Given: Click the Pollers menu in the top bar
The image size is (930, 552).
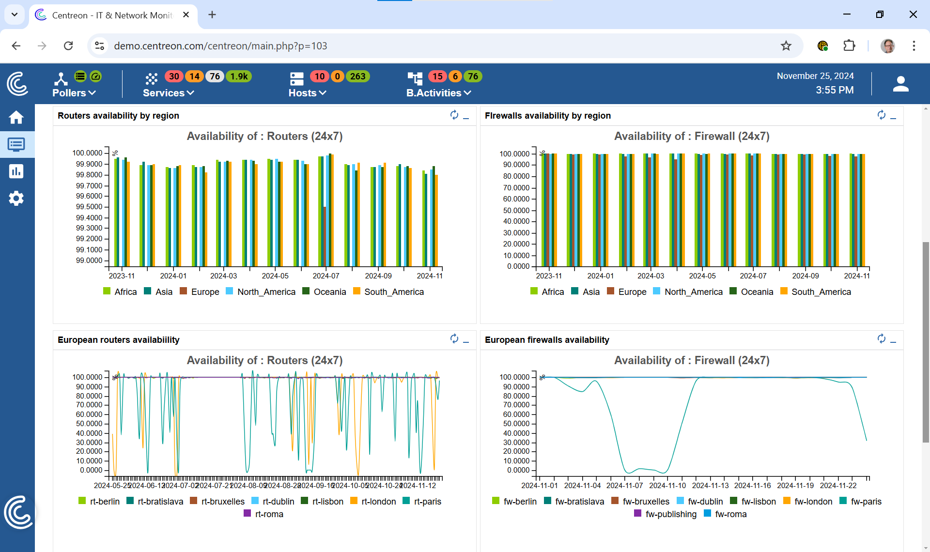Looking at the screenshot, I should coord(74,92).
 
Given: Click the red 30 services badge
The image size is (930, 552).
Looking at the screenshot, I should coord(174,77).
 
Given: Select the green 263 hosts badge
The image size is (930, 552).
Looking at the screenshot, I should coord(357,77).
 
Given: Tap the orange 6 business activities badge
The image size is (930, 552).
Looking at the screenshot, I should coord(455,77).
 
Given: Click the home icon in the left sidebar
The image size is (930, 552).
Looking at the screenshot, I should coord(16,118).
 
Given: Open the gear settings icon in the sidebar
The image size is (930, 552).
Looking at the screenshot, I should coord(16,198).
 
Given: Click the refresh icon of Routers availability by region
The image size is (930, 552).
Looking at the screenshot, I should coord(454,115).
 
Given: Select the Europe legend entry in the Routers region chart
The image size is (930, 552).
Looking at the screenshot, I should coord(200,292).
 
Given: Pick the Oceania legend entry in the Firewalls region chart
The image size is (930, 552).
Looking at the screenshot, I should coord(751,292).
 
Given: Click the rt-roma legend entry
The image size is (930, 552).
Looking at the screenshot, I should coord(264,514).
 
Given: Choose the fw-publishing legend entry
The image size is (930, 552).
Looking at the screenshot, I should coord(666,514).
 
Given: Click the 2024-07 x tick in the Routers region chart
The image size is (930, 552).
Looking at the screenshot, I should coord(326,276).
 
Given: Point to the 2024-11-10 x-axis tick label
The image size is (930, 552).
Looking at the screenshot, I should coord(667,486).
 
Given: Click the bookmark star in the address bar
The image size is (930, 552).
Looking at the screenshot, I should coord(786,46).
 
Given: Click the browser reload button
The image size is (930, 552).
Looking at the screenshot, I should coord(68,46).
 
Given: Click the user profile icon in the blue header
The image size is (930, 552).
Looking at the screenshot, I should coord(900,84).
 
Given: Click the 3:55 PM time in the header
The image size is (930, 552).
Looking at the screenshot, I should coord(834,90).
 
